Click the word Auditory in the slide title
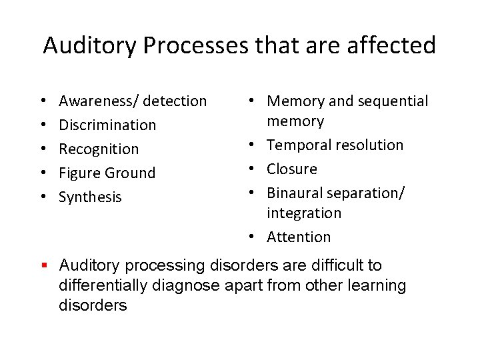[89, 45]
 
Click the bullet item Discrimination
[107, 125]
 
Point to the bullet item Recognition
[99, 149]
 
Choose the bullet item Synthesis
[90, 197]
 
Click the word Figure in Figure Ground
[77, 173]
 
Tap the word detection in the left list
[175, 101]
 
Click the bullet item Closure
[292, 169]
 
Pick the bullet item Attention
[299, 237]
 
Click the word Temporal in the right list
[297, 145]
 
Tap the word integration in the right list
[304, 213]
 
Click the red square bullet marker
[45, 266]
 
